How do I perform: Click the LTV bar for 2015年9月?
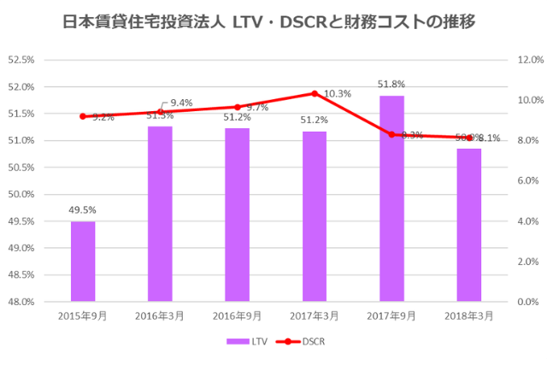click(x=83, y=261)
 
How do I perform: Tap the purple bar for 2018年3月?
click(x=468, y=225)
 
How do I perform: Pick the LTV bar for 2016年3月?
click(x=160, y=214)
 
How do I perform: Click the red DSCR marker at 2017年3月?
click(x=315, y=93)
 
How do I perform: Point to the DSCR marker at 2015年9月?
click(x=83, y=116)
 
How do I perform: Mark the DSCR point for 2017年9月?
click(x=391, y=134)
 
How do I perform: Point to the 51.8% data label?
click(x=391, y=84)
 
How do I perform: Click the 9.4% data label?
click(x=181, y=103)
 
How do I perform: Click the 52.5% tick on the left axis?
click(x=21, y=60)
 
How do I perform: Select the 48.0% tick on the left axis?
click(x=21, y=302)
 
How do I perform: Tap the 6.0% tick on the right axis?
click(x=528, y=181)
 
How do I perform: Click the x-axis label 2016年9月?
click(x=237, y=315)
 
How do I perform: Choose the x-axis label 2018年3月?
click(x=468, y=315)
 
